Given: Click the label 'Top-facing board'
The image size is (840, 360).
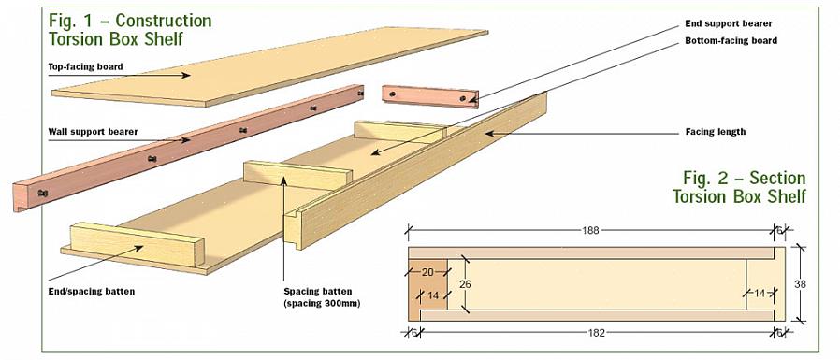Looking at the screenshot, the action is (x=86, y=67).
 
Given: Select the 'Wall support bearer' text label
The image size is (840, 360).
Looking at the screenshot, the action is (x=94, y=131).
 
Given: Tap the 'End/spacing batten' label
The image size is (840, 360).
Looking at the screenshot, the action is (x=91, y=292).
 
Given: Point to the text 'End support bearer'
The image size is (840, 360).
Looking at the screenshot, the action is (x=729, y=23).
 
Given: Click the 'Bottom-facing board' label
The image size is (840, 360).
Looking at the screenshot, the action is (x=731, y=40).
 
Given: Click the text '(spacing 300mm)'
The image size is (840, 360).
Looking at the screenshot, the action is (x=322, y=303).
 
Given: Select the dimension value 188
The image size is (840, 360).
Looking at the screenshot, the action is (x=590, y=230).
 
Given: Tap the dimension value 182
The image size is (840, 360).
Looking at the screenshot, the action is (x=596, y=333).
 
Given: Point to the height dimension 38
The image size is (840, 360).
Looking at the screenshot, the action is (x=800, y=284).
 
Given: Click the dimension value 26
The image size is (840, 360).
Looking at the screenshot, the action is (x=465, y=284).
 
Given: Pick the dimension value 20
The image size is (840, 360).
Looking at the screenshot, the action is (x=427, y=272).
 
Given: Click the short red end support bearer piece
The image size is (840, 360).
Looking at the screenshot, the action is (x=430, y=96).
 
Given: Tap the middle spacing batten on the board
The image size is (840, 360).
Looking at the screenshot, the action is (x=297, y=175).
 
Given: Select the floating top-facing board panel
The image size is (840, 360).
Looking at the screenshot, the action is (x=269, y=67).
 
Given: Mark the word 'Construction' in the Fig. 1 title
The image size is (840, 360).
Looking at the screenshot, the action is (x=164, y=21).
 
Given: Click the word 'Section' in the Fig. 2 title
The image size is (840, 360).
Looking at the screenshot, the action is (x=777, y=178).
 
